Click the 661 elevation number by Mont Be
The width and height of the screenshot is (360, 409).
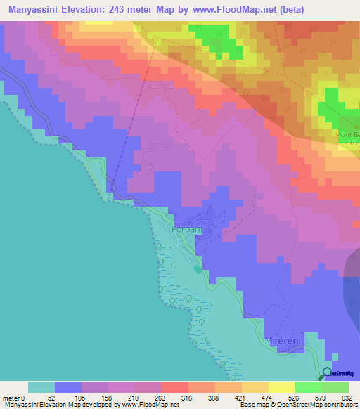[x=352, y=142]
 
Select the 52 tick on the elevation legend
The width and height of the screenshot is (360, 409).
[x=56, y=397]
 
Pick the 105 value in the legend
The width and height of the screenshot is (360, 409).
[x=82, y=397]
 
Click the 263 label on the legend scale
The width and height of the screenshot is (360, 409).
[x=162, y=397]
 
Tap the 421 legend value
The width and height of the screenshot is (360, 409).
[x=242, y=397]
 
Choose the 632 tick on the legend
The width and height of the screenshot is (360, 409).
[x=348, y=397]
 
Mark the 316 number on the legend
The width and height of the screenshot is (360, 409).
[x=188, y=397]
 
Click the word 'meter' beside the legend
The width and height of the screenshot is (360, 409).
[x=11, y=397]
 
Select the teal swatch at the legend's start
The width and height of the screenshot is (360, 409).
[x=41, y=387]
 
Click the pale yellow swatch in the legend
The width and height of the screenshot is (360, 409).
[x=281, y=387]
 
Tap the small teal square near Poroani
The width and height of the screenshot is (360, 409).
[x=197, y=268]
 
